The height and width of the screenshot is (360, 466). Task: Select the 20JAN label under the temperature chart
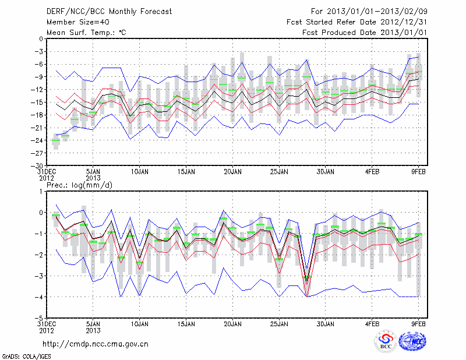[x=232, y=172]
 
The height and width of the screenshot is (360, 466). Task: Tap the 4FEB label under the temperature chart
[x=372, y=172]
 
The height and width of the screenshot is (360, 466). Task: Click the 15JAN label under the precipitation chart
[x=186, y=324]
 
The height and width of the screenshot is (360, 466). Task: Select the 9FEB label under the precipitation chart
[x=419, y=324]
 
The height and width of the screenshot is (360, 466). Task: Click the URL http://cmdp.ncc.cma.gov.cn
[x=96, y=344]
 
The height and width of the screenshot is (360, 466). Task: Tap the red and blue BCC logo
[x=385, y=343]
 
